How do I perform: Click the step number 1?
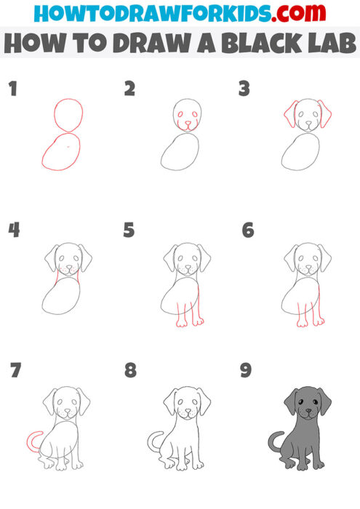12,89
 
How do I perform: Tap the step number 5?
129,231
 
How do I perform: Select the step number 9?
246,370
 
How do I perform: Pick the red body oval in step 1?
61,152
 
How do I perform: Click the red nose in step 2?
188,125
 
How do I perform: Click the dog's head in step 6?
307,260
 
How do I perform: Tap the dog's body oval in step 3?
301,152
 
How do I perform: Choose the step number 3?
244,89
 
